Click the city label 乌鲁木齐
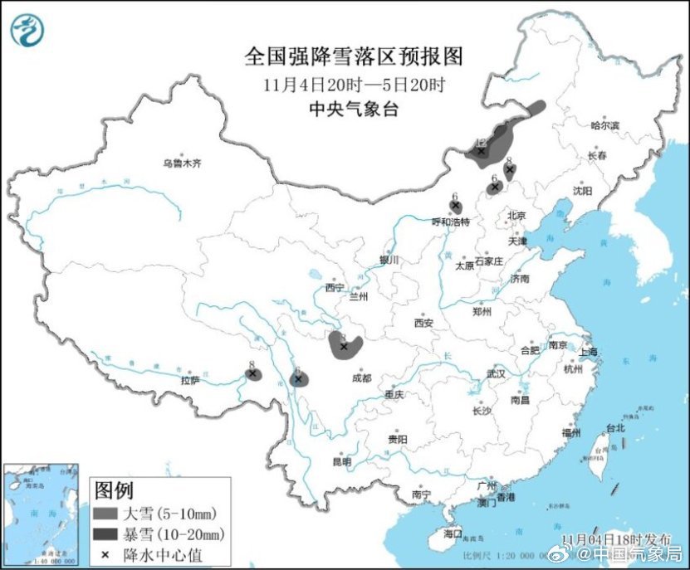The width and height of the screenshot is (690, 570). click(x=182, y=163)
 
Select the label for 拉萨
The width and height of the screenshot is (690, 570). click(x=190, y=381)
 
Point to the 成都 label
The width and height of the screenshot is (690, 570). click(x=361, y=378)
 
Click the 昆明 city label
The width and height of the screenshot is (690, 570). click(x=341, y=461)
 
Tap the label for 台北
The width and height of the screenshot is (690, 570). click(x=614, y=429)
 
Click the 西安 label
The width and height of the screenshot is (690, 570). click(x=423, y=323)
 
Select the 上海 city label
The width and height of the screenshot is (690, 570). click(x=589, y=352)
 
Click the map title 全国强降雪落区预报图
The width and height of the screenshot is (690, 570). click(x=354, y=56)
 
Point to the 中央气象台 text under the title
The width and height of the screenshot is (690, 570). click(x=354, y=108)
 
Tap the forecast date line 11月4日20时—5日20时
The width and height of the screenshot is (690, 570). click(x=354, y=84)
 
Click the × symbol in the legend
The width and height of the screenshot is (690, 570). click(x=107, y=553)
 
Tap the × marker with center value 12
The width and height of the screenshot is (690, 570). click(x=481, y=150)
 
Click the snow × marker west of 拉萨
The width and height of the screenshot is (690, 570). click(x=252, y=373)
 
